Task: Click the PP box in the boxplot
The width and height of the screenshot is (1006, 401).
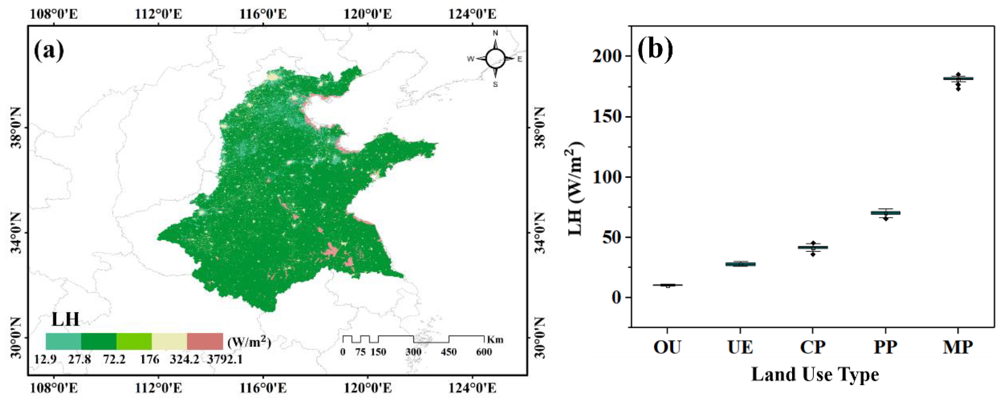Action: pyautogui.click(x=885, y=213)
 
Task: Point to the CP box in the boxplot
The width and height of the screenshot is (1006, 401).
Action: pyautogui.click(x=813, y=247)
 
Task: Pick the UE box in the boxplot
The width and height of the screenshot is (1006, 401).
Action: pyautogui.click(x=740, y=264)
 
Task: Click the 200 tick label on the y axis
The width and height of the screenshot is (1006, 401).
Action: pyautogui.click(x=606, y=56)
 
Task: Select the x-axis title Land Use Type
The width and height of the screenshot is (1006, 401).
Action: pyautogui.click(x=815, y=375)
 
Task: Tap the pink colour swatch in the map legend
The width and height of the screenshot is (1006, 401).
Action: pyautogui.click(x=205, y=341)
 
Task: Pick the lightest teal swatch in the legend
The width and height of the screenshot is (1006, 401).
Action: pyautogui.click(x=63, y=341)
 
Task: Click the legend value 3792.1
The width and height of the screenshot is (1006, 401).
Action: pyautogui.click(x=225, y=359)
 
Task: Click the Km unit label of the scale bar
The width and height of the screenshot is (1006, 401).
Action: pyautogui.click(x=495, y=340)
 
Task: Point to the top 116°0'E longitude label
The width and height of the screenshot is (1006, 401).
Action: pyautogui.click(x=263, y=14)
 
